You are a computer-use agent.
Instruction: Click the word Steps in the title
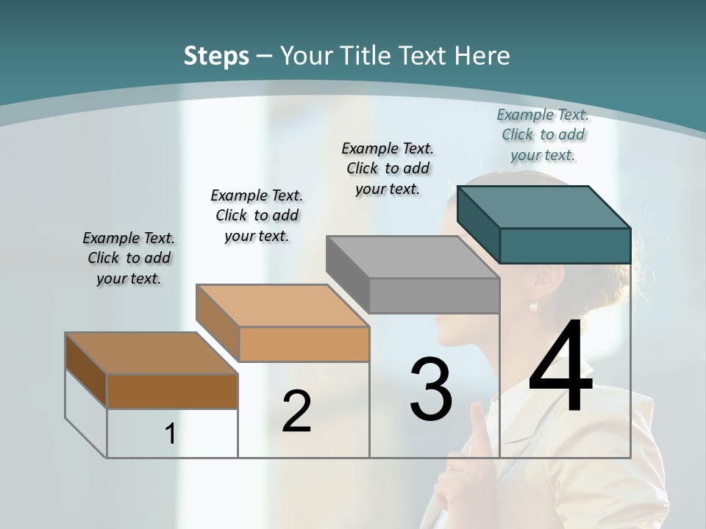(x=216, y=56)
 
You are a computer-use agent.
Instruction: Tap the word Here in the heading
(x=482, y=56)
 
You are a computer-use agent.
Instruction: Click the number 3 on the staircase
(x=431, y=389)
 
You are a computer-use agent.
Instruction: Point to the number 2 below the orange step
(x=296, y=411)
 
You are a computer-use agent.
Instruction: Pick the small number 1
(x=170, y=433)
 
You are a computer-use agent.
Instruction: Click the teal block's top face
(x=544, y=206)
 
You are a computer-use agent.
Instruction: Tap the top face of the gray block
(x=413, y=256)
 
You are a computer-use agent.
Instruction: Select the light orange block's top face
(x=282, y=305)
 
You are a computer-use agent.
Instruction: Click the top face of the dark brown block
(x=151, y=353)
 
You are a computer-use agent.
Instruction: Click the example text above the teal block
(x=543, y=134)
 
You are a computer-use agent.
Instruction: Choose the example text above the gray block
(x=388, y=168)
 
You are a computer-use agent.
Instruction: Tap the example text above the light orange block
(x=257, y=215)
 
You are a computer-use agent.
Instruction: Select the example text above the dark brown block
(x=129, y=258)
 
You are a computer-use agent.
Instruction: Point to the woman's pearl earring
(x=534, y=304)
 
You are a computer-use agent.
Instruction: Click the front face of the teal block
(x=565, y=245)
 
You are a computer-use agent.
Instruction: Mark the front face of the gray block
(x=434, y=296)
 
